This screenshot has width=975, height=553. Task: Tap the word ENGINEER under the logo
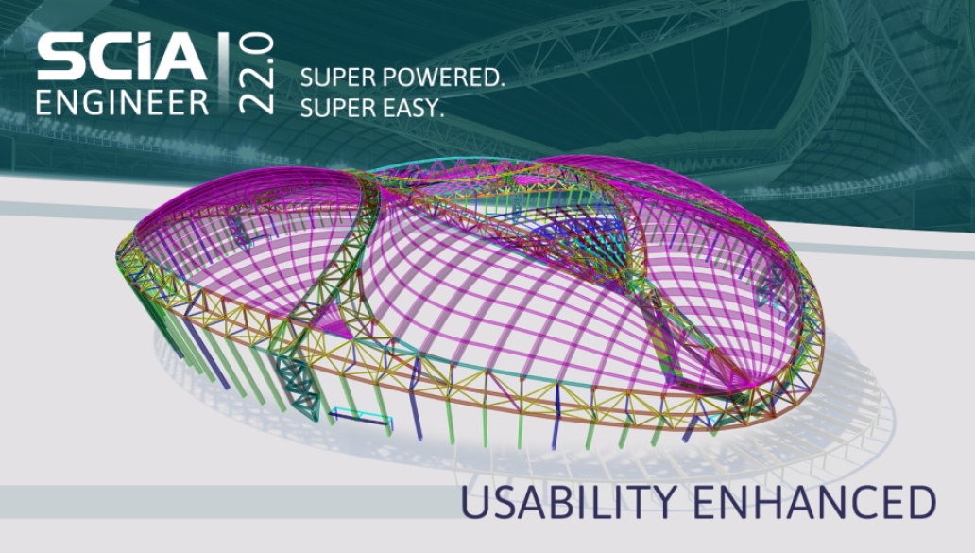coord(122,101)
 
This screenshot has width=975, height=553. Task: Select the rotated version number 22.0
coord(256,73)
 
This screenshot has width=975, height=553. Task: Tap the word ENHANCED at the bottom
coord(815,503)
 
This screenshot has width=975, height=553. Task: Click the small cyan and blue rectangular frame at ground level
coord(362,417)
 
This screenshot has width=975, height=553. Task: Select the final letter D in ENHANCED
coord(920,503)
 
